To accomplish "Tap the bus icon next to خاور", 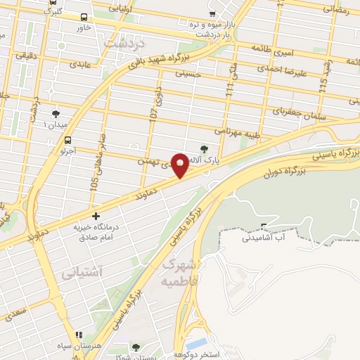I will pyautogui.click(x=84, y=18).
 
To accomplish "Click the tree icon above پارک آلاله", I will pyautogui.click(x=204, y=148).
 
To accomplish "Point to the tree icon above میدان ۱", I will pyautogui.click(x=56, y=112).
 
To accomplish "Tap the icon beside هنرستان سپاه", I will pyautogui.click(x=79, y=335).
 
